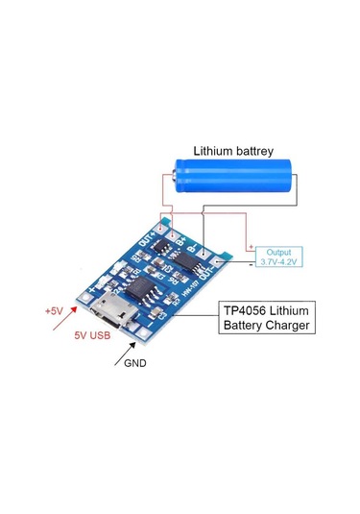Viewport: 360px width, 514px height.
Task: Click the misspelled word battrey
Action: [x=256, y=151]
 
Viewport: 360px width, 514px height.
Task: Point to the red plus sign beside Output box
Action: [x=252, y=245]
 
